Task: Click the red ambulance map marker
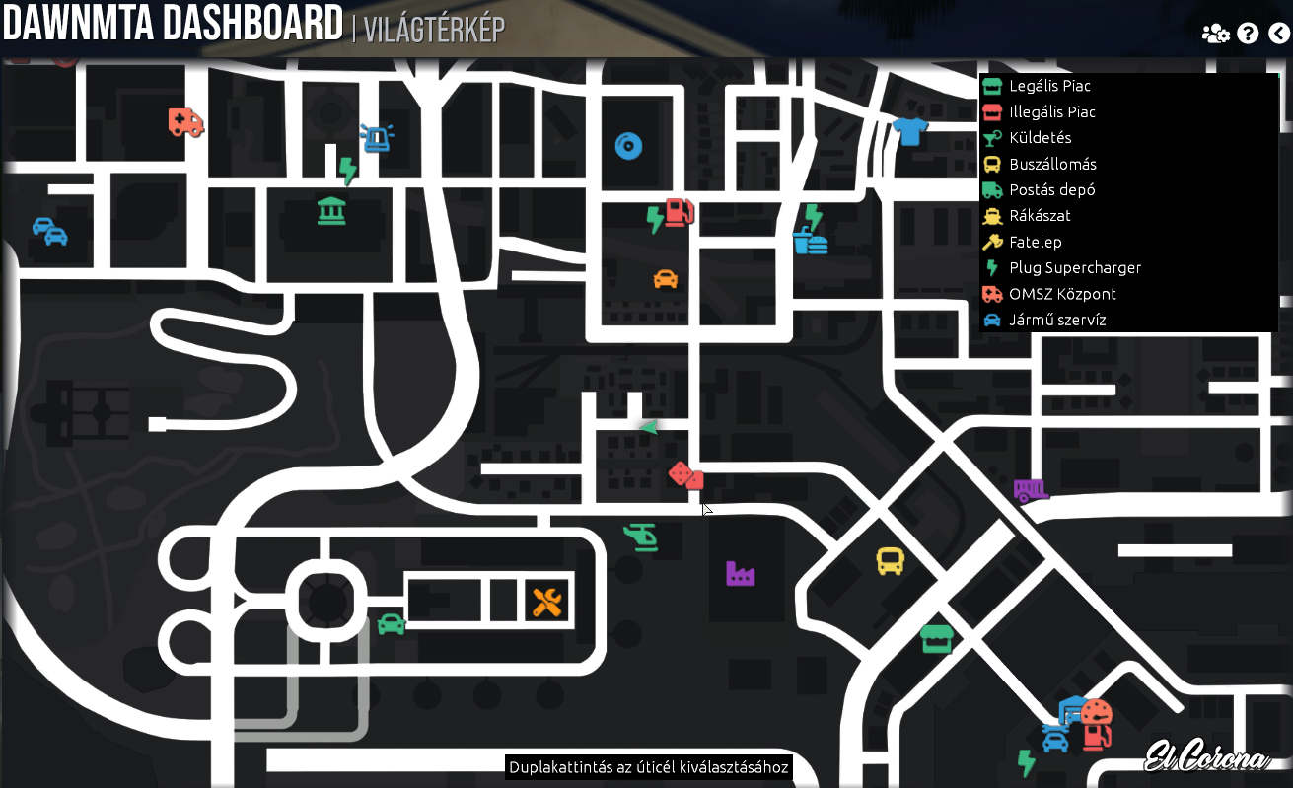pos(185,122)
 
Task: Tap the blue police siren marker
pos(377,138)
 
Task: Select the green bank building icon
pos(331,210)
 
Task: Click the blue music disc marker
pos(628,146)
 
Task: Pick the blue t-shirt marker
pos(909,130)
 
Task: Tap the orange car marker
pos(666,278)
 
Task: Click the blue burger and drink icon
pos(810,240)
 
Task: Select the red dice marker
pos(685,475)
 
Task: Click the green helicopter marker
pos(641,537)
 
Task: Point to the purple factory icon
pos(740,573)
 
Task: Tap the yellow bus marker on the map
pos(890,561)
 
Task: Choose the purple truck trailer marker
pos(1031,489)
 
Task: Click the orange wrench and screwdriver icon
pos(546,601)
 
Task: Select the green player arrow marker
pos(648,427)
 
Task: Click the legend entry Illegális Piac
pos(1051,112)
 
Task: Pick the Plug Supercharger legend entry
pos(1074,268)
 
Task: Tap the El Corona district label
pos(1205,757)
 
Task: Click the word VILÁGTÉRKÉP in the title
pos(434,31)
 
